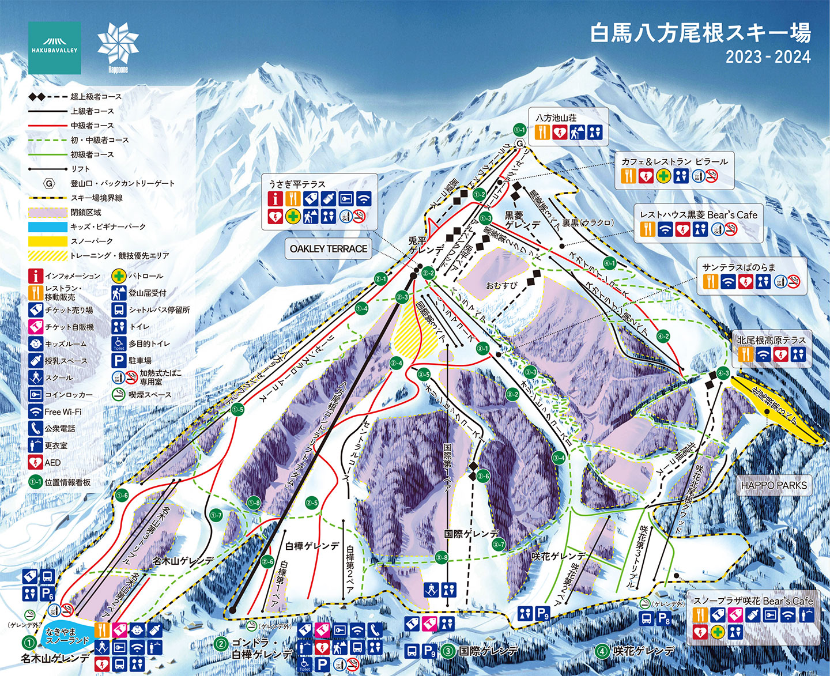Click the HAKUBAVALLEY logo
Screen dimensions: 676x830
coord(54,47)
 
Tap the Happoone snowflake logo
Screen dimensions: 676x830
coord(118,47)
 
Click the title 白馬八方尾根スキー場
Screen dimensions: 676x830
coord(700,33)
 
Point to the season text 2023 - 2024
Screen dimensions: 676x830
coord(768,57)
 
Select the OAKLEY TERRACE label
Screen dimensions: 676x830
coord(328,249)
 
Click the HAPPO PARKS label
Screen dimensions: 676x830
coord(774,485)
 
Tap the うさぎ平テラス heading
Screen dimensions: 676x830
coord(297,184)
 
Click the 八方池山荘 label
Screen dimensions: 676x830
coord(556,118)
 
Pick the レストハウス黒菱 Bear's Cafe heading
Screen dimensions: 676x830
coord(699,215)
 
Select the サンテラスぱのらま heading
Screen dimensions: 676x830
coord(739,267)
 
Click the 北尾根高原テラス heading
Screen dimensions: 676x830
coord(771,340)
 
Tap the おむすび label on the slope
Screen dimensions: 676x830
coord(501,285)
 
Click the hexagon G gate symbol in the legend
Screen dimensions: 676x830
coord(50,183)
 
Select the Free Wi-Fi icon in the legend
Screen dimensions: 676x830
coord(36,411)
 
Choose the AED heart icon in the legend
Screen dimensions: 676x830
coord(36,462)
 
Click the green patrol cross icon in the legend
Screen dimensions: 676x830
coord(119,276)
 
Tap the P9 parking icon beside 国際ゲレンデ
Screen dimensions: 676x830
coord(429,651)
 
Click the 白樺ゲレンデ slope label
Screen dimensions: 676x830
coord(312,546)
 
